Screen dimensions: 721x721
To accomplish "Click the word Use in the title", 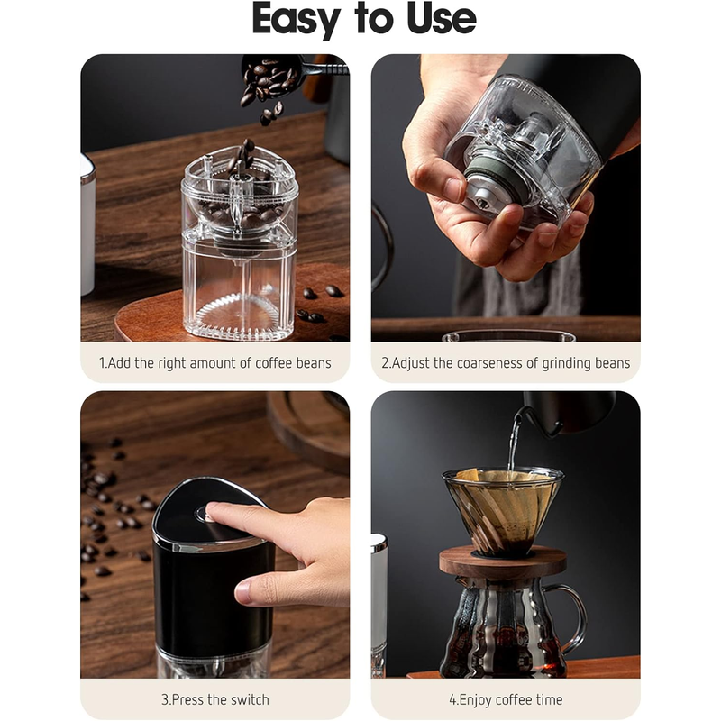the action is pos(442,18).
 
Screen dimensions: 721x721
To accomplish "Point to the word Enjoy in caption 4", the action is pos(475,700).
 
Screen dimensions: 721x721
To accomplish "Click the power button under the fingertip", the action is pos(204,514).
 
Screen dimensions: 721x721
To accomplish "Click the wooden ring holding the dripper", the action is pos(503,562).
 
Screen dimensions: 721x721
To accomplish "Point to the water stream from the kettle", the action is pos(513,443).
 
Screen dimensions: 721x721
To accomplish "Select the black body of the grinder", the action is pos(213,598).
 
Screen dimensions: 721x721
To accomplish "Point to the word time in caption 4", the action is pos(549,700).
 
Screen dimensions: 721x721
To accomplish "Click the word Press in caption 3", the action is pos(187,700).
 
